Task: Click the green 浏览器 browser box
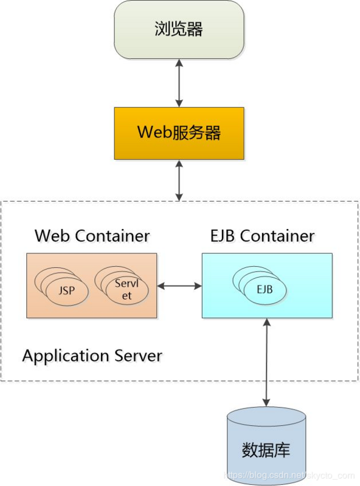178,30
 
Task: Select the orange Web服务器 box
179,133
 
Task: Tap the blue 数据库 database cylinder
266,443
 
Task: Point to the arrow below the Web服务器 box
179,180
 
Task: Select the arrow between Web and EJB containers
179,286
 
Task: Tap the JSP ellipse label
67,291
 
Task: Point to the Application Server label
92,355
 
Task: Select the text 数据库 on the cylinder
266,451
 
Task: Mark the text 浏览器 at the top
178,30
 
